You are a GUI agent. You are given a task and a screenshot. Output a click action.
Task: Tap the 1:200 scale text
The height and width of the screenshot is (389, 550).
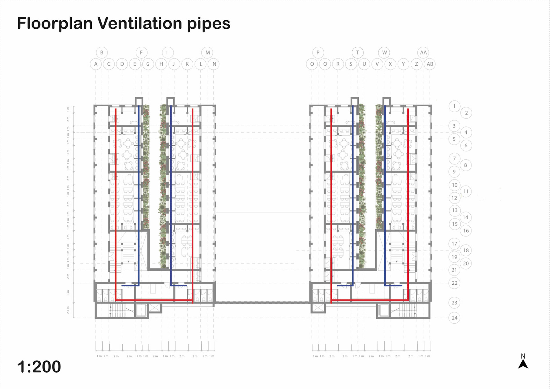tap(39, 366)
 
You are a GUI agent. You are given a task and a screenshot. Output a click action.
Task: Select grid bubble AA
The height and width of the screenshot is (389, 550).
tap(423, 52)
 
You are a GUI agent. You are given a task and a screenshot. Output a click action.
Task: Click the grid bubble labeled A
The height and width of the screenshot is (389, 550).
tap(96, 64)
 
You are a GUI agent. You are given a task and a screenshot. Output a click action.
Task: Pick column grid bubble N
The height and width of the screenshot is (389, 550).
tap(214, 64)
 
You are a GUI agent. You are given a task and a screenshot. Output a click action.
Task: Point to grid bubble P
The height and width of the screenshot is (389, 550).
tap(318, 52)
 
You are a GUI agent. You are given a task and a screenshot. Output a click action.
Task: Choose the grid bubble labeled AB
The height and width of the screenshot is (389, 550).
tap(430, 64)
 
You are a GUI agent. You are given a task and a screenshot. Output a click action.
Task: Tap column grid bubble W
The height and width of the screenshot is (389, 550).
tap(384, 52)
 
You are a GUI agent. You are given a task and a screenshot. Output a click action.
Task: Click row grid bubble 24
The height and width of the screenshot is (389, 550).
tap(454, 318)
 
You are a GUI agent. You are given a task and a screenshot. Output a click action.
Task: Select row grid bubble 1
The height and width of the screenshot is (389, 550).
tap(454, 106)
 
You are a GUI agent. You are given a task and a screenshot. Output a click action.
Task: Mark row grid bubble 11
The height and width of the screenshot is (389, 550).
tap(466, 191)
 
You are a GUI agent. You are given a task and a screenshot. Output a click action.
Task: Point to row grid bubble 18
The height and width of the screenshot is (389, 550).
tap(466, 250)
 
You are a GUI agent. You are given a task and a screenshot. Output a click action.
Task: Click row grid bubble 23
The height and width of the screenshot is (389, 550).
tap(454, 303)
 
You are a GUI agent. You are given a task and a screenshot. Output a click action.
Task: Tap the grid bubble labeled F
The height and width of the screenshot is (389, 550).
tap(141, 52)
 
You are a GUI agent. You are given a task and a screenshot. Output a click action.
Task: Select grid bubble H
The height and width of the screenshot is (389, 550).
tap(161, 64)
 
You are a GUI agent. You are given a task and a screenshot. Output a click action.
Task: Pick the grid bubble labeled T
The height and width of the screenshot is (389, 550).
tap(357, 52)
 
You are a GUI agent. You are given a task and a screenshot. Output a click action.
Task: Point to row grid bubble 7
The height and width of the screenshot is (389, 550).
tap(454, 159)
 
